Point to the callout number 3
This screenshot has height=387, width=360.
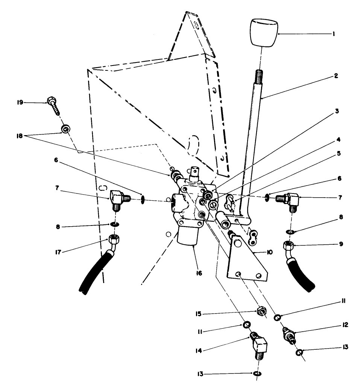click(x=337, y=111)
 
